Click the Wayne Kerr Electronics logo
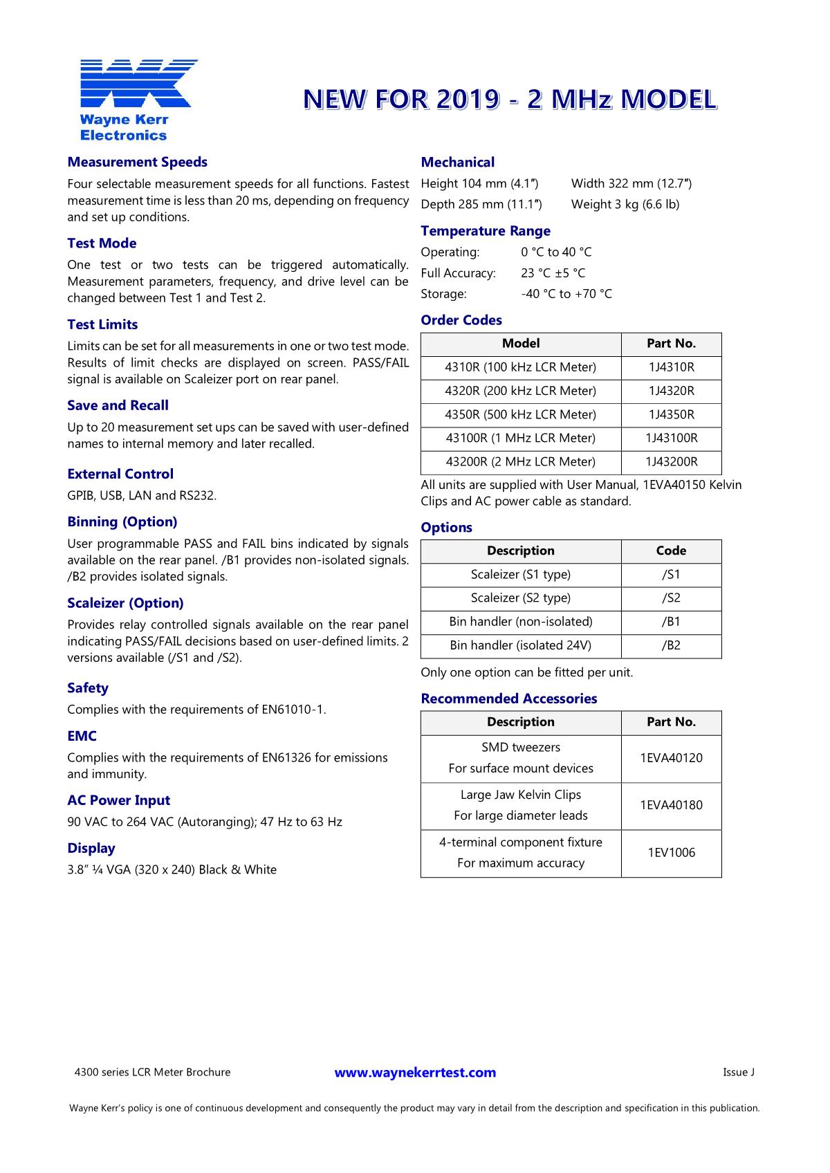pos(137,99)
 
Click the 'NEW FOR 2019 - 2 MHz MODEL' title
pos(509,100)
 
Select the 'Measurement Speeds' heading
pos(137,163)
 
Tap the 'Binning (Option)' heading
pos(122,522)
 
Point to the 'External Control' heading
pos(120,474)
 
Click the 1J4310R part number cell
pos(671,367)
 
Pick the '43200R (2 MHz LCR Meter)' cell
pos(520,461)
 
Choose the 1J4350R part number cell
pos(671,414)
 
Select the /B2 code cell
pos(671,645)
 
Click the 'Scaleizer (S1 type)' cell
pos(520,575)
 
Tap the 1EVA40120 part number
pos(671,758)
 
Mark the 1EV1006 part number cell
pos(671,853)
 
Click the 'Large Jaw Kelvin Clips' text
pos(520,795)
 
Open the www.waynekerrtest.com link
pos(415,1073)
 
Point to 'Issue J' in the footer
pos(738,1073)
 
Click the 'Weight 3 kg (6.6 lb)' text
pos(625,205)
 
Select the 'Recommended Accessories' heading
pos(508,699)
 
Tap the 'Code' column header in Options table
pos(671,551)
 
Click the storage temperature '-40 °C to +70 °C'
pos(566,294)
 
